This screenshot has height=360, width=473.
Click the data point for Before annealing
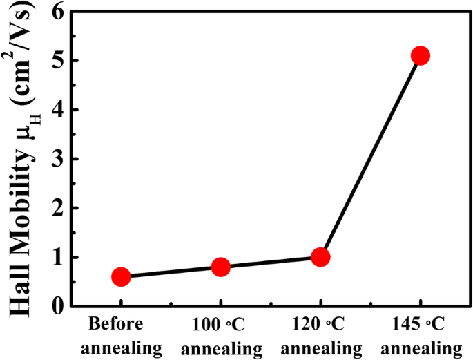click(x=121, y=277)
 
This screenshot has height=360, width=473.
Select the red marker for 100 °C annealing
click(x=220, y=267)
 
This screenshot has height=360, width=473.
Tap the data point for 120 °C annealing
click(x=320, y=257)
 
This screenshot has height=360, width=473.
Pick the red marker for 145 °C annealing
click(x=420, y=55)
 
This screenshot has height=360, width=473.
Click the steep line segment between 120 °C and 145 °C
click(x=370, y=156)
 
